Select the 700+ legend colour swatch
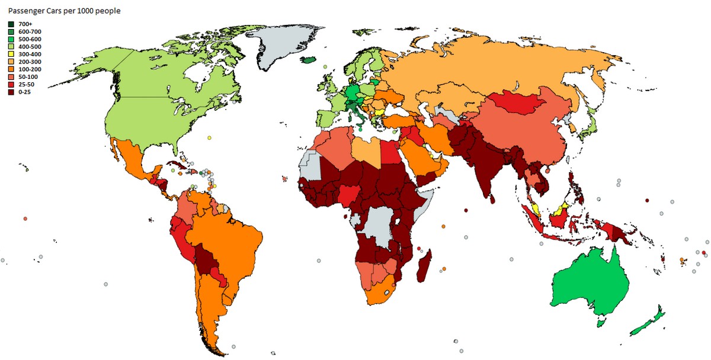click(11, 24)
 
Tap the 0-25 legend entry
click(25, 92)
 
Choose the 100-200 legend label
click(30, 69)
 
